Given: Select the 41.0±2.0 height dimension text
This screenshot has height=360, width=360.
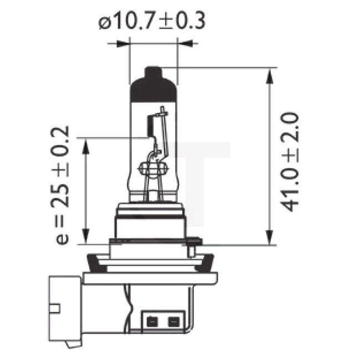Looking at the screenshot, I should pyautogui.click(x=290, y=161).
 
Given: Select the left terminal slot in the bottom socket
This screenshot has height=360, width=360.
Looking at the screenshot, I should pyautogui.click(x=151, y=320).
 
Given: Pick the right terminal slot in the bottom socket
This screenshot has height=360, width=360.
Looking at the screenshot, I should pyautogui.click(x=173, y=320).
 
